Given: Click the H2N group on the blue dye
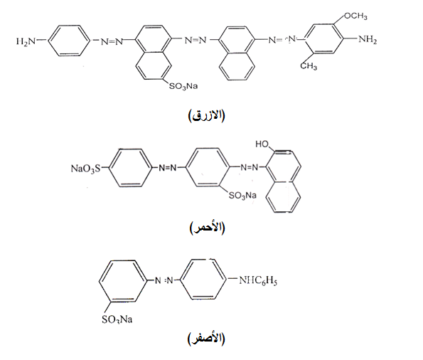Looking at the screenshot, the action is (26, 41).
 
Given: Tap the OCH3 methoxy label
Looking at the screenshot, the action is (355, 16).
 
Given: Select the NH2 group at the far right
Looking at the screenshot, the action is (368, 39).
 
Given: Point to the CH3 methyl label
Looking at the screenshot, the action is (309, 65).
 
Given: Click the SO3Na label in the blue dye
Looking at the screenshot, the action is (183, 86).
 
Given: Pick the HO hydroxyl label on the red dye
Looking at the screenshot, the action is (262, 144).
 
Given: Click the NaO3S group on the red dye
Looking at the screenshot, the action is (85, 169).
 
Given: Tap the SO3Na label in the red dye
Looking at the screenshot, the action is (242, 195).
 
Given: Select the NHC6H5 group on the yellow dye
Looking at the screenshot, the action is (258, 280).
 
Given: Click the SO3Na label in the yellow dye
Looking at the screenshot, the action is (117, 319).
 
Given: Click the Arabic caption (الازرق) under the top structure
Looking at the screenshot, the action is (206, 115).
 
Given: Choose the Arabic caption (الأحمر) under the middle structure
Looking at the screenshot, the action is (207, 228).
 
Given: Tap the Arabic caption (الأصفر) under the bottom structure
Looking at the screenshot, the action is (206, 339).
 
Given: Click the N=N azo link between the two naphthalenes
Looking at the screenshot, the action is (196, 41).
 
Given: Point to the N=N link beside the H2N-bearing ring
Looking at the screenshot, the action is (112, 41).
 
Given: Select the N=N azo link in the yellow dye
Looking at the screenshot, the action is (164, 280).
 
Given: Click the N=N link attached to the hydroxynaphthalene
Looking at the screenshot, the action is (249, 167).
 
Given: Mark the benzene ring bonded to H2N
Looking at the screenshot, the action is (69, 41).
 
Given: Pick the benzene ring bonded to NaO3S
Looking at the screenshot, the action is (131, 168).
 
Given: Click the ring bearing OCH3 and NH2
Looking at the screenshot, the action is (323, 39).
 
